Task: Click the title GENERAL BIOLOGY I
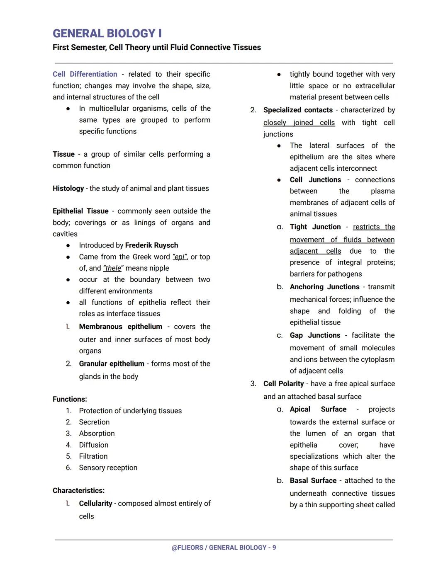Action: [x=107, y=34]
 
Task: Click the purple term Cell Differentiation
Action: [x=85, y=74]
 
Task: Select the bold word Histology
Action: [x=68, y=189]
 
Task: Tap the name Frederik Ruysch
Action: [x=151, y=245]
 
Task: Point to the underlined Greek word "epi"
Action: [x=180, y=257]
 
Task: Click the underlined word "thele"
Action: [x=113, y=268]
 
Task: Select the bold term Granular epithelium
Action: [x=112, y=363]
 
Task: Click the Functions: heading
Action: [x=70, y=400]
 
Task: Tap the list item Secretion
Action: [x=94, y=422]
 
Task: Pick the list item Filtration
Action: [x=93, y=456]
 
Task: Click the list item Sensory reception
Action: [x=108, y=468]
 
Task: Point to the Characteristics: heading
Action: [x=78, y=491]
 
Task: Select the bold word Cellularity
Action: [x=95, y=504]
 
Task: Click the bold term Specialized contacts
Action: [x=298, y=110]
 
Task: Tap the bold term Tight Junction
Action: [x=315, y=227]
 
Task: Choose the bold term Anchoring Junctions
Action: [x=324, y=287]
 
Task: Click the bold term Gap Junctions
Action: [x=315, y=335]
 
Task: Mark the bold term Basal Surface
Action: [x=313, y=481]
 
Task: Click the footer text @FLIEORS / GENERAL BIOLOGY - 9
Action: [x=224, y=548]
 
